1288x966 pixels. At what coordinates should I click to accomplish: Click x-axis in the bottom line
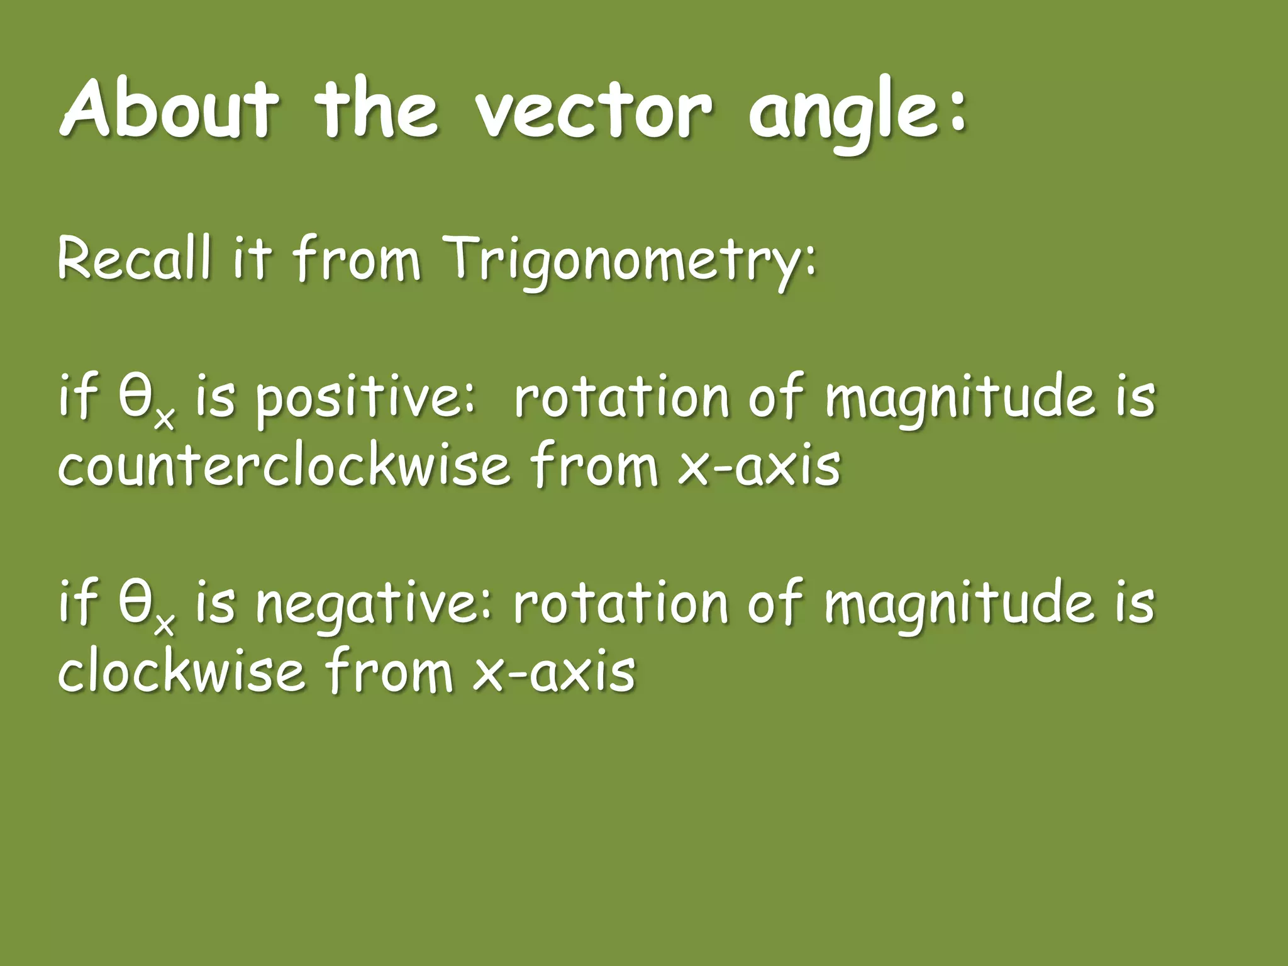coord(553,673)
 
